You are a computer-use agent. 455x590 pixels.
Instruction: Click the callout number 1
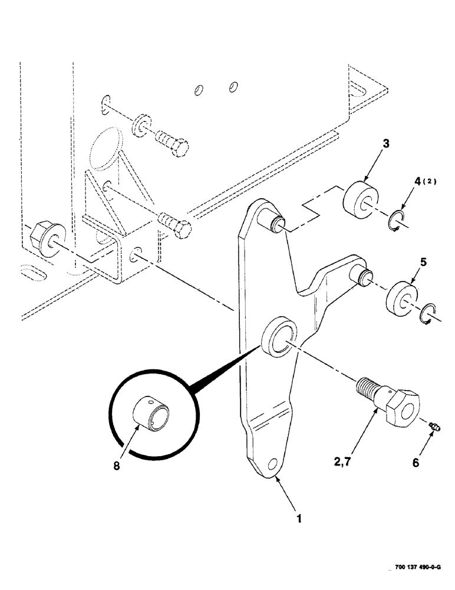click(299, 519)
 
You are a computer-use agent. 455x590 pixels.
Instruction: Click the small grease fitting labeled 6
click(435, 426)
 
